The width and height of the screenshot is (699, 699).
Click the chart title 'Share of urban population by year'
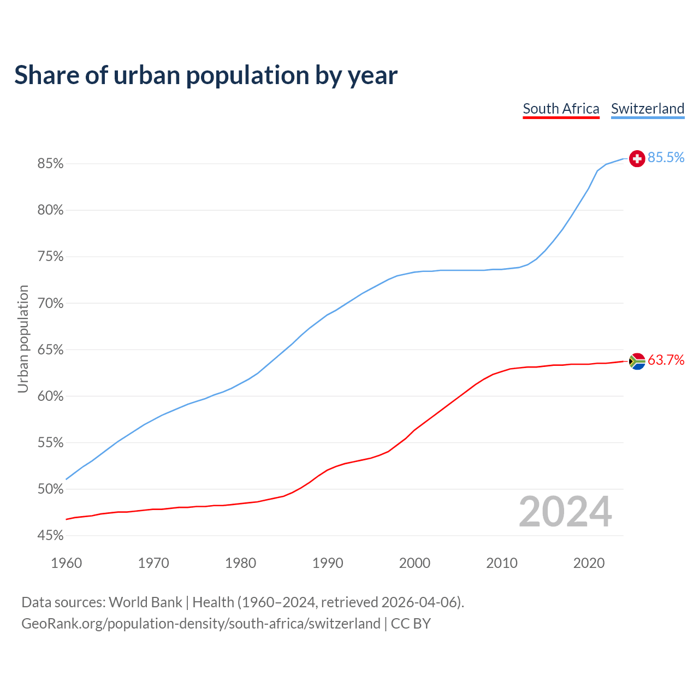pos(206,75)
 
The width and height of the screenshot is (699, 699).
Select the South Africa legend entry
pos(561,109)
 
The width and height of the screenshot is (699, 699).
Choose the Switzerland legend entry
pos(647,109)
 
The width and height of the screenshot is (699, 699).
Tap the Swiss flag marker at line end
pos(637,158)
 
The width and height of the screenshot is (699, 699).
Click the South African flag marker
pos(637,361)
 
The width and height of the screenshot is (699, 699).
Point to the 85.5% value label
pos(666,158)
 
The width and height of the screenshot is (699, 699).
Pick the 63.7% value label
pos(666,360)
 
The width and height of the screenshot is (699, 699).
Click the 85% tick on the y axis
pos(51,164)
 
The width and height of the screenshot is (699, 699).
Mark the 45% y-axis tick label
pos(51,536)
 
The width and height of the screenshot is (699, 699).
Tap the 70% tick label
pos(51,304)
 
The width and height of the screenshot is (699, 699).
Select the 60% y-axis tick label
pos(51,396)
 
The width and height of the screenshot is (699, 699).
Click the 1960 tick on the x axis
pos(67,563)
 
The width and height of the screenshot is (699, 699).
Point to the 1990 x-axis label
pos(328,563)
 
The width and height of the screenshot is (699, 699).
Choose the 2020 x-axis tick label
pos(589,563)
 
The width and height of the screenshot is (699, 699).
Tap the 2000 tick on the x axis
pos(414,563)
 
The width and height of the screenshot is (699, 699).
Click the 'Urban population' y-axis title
pos(23,339)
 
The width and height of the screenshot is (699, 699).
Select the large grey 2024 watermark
pos(565,512)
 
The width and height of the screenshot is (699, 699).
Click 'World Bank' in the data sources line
pos(145,602)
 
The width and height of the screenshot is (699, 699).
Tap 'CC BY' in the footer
pos(411,624)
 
